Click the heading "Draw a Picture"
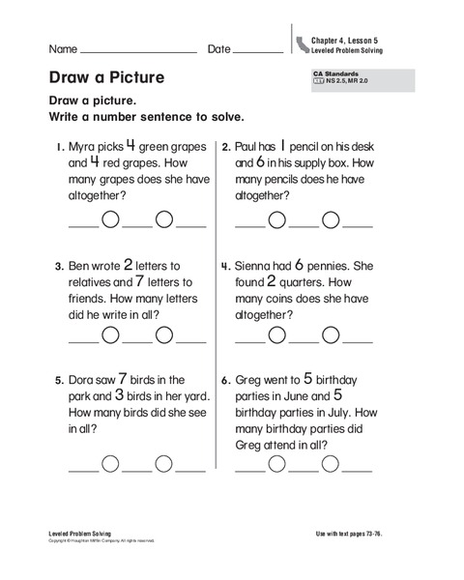(x=106, y=77)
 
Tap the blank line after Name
(x=139, y=51)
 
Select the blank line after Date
(x=258, y=51)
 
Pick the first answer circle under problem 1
(x=111, y=219)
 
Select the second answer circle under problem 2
(x=331, y=219)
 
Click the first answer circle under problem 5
(x=111, y=463)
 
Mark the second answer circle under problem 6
(x=331, y=463)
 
